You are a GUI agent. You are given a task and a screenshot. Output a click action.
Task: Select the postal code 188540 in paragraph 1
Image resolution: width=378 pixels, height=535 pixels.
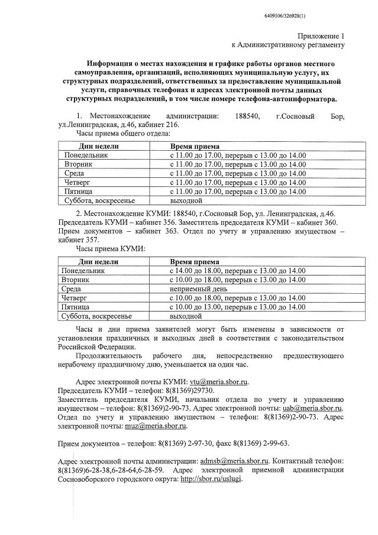point(247,116)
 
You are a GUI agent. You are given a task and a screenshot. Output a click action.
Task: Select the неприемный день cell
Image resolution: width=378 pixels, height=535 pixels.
point(198,289)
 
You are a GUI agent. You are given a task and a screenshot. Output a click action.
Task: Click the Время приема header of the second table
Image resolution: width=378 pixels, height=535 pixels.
point(195,261)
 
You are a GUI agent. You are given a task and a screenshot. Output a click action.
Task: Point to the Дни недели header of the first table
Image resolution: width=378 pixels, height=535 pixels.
point(99,145)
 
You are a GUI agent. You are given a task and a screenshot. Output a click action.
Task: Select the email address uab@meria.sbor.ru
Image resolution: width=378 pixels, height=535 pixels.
point(312,408)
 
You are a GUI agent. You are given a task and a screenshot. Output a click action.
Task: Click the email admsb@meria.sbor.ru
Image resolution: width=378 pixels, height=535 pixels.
point(234,461)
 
